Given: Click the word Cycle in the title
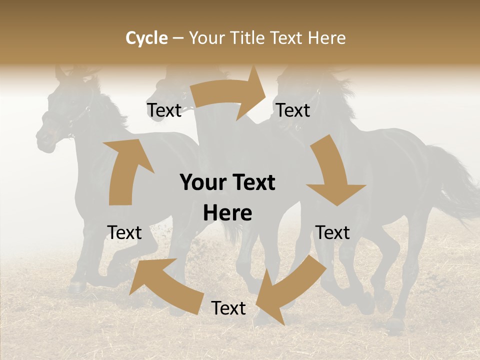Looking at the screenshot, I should tap(146, 38).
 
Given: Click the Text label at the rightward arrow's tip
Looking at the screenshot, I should tap(293, 110).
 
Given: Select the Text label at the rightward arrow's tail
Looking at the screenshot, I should tap(164, 110).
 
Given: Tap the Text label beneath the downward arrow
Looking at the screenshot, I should tap(332, 232).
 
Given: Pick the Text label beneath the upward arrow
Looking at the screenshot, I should tap(124, 232).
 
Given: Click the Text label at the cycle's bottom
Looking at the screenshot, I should tap(228, 308).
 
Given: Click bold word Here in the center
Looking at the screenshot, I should tap(227, 213).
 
